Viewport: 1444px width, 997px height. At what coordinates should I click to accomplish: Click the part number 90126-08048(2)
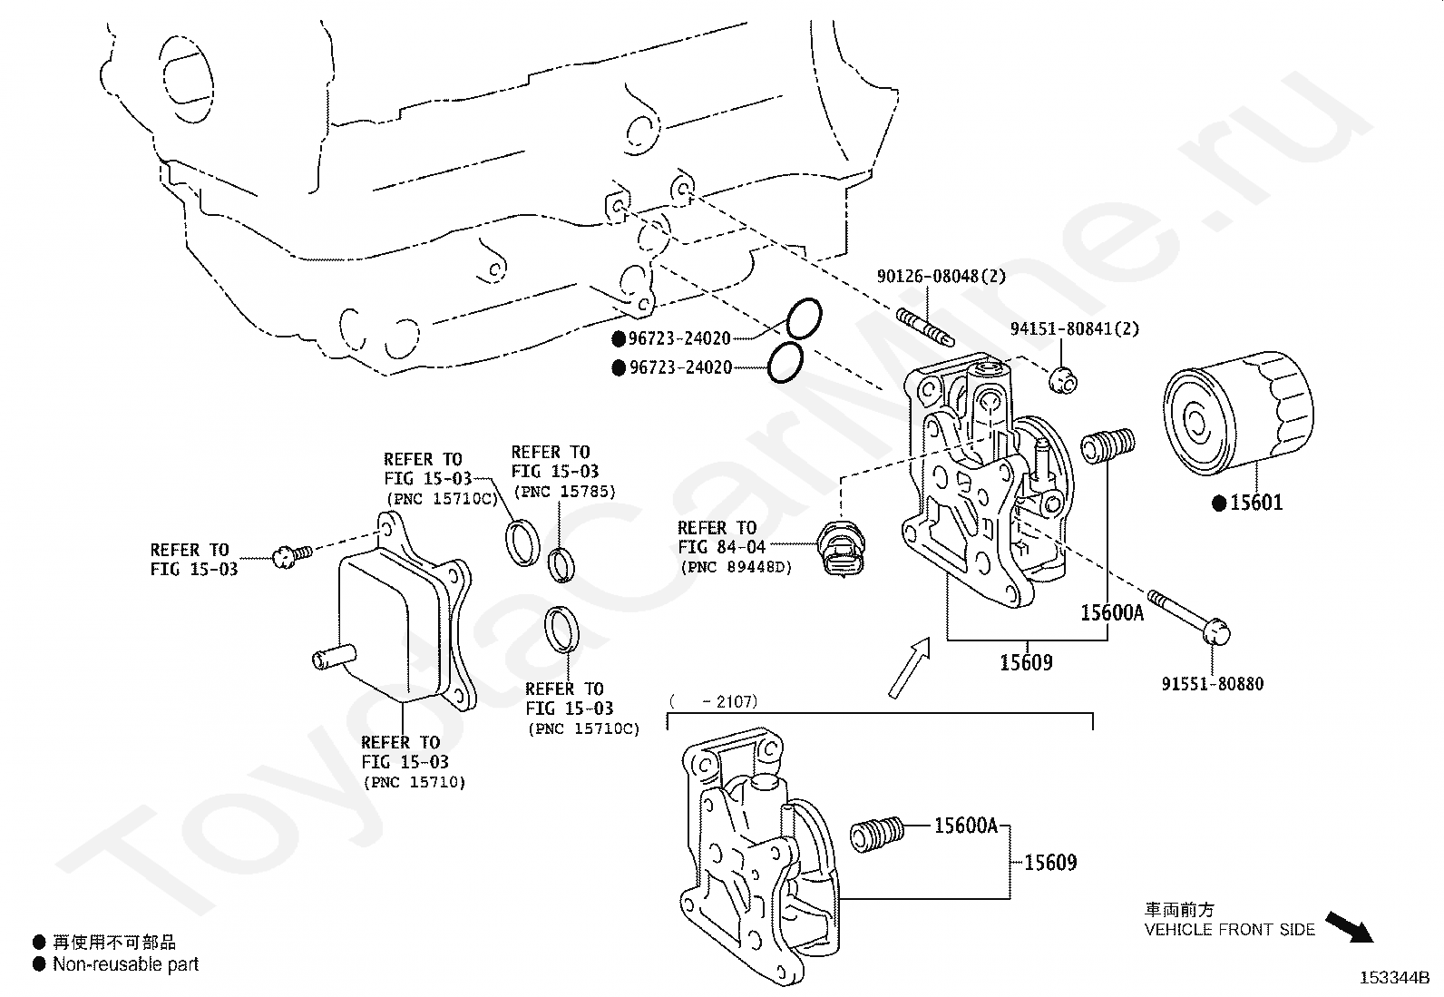tap(941, 276)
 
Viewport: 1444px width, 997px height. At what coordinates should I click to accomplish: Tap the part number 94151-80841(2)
tap(1075, 329)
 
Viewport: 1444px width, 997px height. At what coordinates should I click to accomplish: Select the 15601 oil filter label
tap(1255, 503)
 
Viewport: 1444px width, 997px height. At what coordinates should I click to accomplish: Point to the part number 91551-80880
tap(1213, 684)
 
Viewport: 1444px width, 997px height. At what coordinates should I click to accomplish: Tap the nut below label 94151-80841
tap(1062, 380)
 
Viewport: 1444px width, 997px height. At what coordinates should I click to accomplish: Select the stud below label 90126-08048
tap(925, 327)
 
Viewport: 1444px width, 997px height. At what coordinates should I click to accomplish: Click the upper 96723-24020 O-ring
tap(804, 318)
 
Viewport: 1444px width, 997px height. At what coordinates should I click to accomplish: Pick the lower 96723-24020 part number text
tap(681, 367)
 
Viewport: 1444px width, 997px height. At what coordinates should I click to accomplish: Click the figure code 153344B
tap(1394, 978)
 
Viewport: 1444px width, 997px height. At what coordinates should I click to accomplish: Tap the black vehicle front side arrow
tap(1349, 926)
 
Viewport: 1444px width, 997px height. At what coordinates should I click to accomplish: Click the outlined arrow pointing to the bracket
tap(910, 668)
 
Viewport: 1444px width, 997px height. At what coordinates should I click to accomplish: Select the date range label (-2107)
tap(714, 701)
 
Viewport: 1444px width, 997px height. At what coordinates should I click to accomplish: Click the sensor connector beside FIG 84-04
tap(841, 548)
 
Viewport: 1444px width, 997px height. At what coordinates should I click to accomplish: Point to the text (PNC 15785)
tap(565, 492)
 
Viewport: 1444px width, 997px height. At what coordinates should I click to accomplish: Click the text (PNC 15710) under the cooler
tap(414, 782)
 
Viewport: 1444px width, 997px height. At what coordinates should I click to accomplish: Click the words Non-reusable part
tap(126, 964)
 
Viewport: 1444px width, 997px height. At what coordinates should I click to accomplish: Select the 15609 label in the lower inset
tap(1050, 863)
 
